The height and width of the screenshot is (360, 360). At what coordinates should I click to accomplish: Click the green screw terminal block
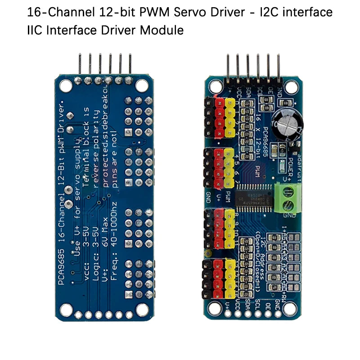pos(288,198)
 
